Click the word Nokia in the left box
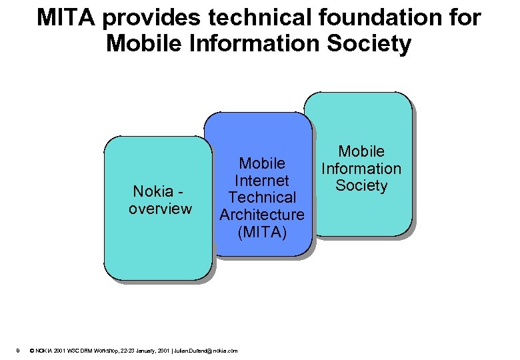153,192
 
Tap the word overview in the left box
160,209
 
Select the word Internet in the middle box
262,180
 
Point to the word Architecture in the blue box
262,215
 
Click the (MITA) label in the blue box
262,232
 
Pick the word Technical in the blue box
262,197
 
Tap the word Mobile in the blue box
262,163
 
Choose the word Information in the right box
361,169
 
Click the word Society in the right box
361,185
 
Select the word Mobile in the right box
361,151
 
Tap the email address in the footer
205,351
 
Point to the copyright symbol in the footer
33,351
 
